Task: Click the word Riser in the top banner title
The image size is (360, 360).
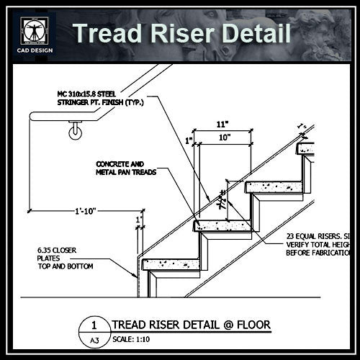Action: coord(181,33)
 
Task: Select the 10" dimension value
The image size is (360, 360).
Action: coord(224,137)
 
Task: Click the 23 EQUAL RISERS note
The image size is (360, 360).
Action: coord(318,235)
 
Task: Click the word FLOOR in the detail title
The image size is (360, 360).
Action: coord(251,325)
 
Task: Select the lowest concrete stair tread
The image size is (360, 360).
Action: coord(171,264)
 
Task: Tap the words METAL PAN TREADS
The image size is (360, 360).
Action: coord(126,173)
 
